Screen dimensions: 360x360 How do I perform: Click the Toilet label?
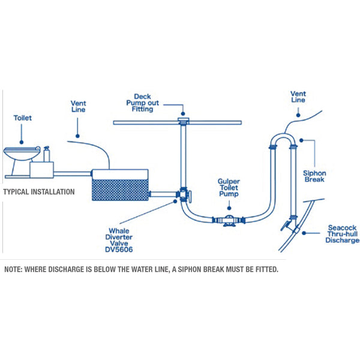pos(23,118)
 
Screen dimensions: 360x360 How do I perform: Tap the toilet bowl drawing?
pos(20,154)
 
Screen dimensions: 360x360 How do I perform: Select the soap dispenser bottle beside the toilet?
pos(47,154)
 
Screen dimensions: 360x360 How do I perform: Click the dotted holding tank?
pos(120,185)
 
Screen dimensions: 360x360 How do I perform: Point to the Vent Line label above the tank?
pos(78,106)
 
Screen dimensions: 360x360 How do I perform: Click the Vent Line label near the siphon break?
pos(298,97)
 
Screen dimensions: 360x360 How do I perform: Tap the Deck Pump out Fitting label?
pos(143,103)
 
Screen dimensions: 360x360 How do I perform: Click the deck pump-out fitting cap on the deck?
pos(183,121)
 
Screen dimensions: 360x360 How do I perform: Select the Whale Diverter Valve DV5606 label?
pos(119,240)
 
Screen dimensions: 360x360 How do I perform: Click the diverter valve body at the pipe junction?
pos(184,194)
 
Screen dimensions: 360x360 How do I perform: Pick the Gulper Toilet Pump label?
pos(229,188)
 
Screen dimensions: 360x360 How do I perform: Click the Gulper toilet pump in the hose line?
pos(229,220)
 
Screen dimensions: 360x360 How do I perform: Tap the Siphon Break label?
pos(314,176)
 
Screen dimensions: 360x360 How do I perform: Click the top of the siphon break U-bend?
pos(283,135)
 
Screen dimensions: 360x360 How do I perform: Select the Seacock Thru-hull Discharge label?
pos(343,234)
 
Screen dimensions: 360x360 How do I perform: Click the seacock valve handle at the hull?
pos(284,226)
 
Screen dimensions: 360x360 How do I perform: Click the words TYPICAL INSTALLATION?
pos(39,192)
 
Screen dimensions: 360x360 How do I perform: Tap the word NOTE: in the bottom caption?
pos(13,269)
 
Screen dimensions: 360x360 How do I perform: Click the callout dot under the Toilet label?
pos(22,142)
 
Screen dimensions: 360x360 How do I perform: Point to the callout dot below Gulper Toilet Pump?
pos(229,208)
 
